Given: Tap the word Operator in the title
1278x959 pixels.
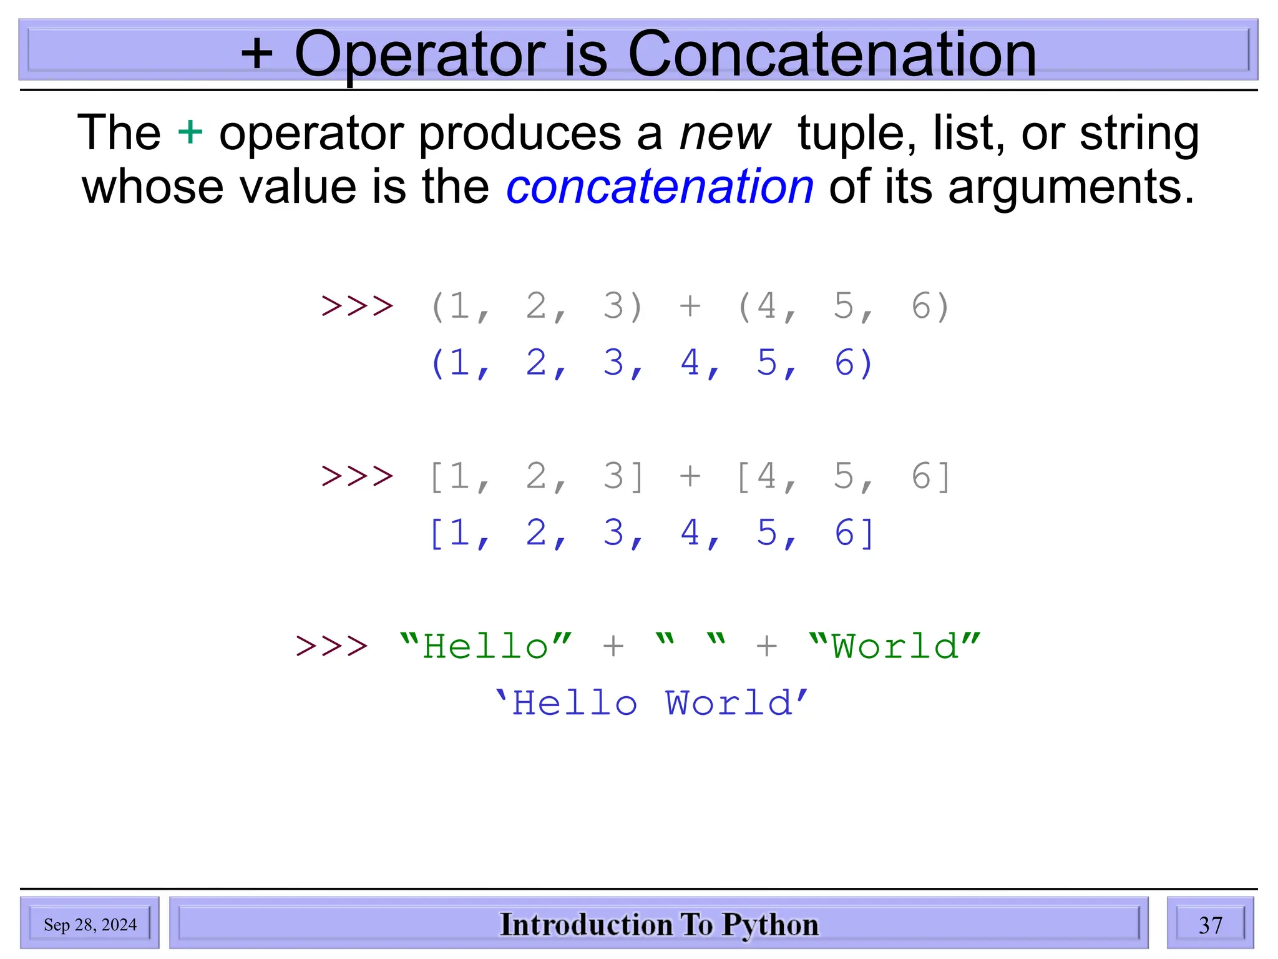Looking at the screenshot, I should pos(419,56).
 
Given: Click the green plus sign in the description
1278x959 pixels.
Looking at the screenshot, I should pos(190,132).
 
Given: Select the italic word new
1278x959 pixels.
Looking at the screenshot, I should pos(724,134).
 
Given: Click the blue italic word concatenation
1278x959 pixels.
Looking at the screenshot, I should pos(660,187).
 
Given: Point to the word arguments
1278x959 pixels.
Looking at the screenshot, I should pos(1071,188).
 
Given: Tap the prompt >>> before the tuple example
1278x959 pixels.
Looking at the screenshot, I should pos(357,306).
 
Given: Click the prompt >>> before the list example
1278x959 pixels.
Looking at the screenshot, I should pos(357,476).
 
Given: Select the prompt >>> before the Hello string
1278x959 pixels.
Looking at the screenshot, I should pos(332,646).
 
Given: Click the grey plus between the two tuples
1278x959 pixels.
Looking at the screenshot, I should pos(690,306).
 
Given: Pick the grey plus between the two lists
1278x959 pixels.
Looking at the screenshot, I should pos(690,476).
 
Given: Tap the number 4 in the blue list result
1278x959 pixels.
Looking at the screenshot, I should pos(690,533).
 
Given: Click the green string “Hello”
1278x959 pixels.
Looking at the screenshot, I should pos(485,646).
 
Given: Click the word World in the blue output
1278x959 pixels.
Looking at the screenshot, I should pos(729,704).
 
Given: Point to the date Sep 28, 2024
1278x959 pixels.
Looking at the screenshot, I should pos(90,925).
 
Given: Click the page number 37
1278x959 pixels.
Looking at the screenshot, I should pos(1210,925).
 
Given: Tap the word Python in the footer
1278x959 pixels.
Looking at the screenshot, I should pos(770,925).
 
